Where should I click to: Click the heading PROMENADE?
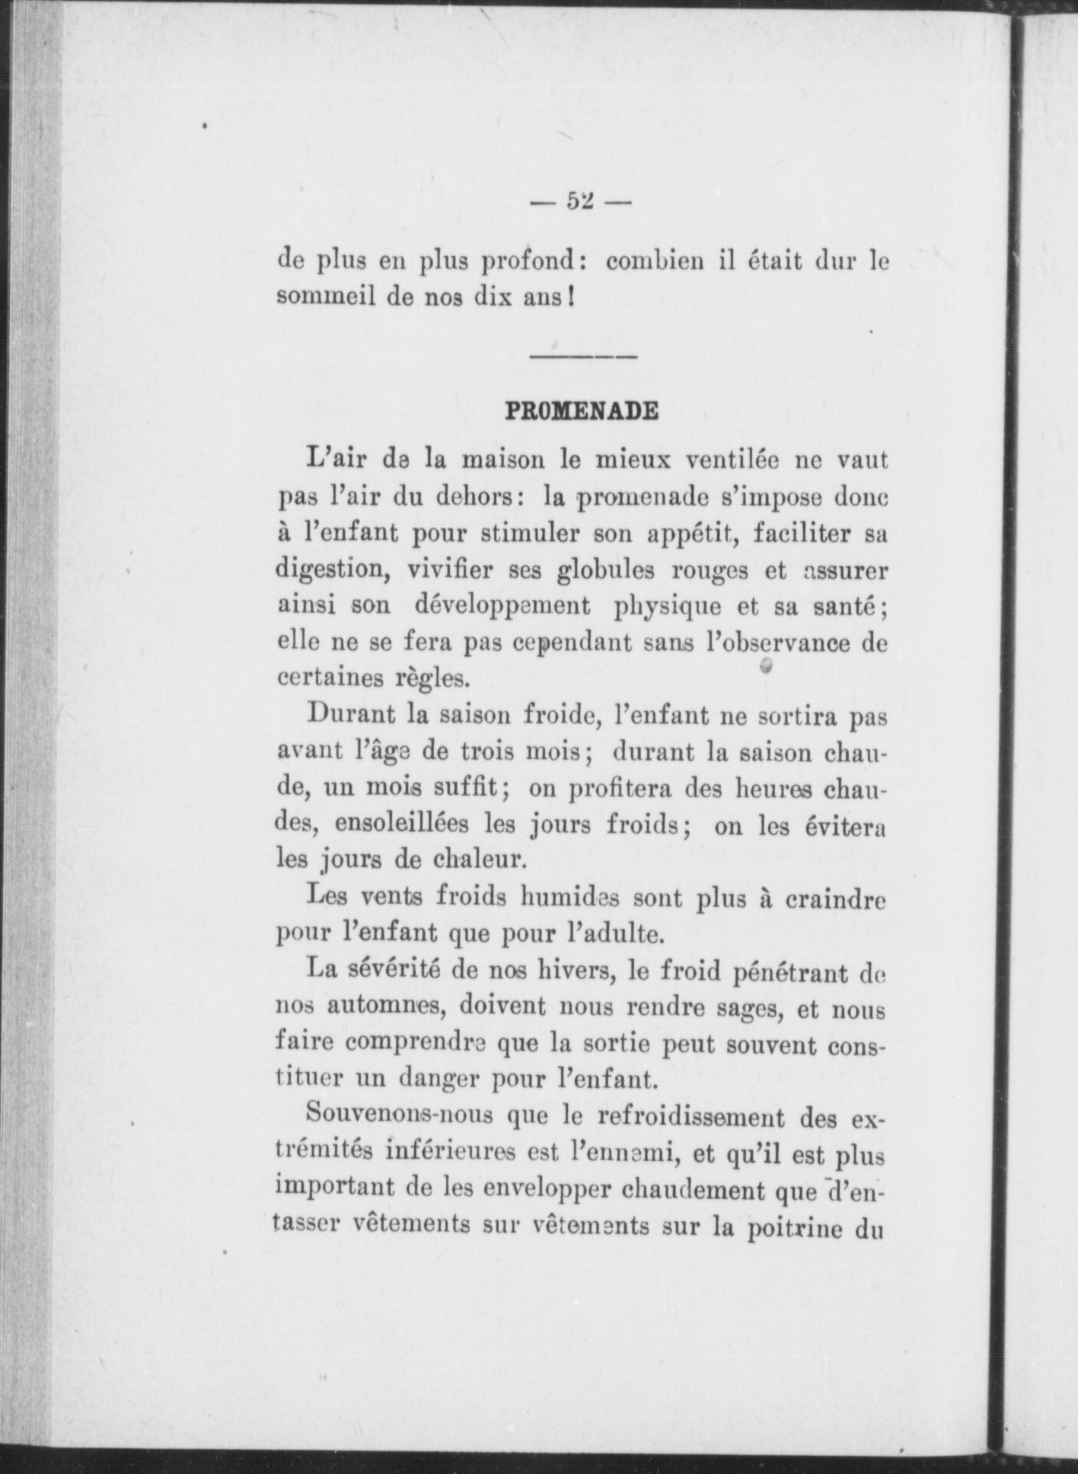point(582,412)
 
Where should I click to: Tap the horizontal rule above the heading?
point(582,356)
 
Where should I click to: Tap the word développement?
point(503,607)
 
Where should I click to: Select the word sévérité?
point(389,971)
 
